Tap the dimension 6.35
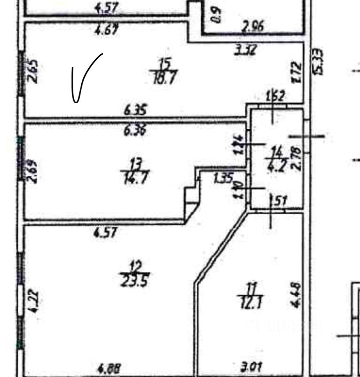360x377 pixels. click(x=135, y=111)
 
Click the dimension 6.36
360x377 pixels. click(x=135, y=130)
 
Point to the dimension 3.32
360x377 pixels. click(x=245, y=50)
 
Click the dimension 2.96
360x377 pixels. click(x=253, y=26)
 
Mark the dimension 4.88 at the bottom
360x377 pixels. click(x=109, y=368)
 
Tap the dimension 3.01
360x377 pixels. click(x=251, y=368)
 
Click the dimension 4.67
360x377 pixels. click(x=106, y=30)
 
